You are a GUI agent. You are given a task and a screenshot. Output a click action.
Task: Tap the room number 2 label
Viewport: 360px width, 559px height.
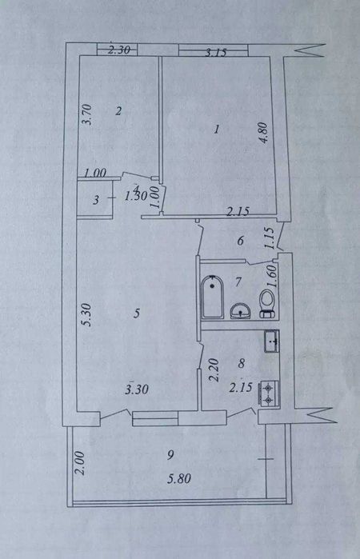[118, 111]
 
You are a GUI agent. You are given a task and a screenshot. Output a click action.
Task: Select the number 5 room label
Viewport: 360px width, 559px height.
[137, 314]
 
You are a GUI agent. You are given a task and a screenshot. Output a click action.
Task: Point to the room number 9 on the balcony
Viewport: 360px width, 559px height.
[170, 455]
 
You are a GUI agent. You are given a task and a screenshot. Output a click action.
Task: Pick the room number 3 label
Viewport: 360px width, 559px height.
[95, 201]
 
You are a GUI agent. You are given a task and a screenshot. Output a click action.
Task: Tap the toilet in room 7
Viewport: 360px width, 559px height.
[268, 302]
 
